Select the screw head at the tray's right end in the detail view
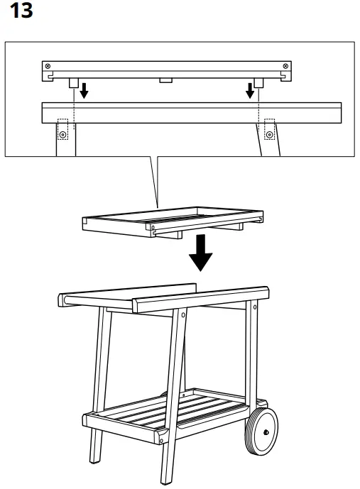coord(285,66)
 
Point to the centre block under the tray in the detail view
coord(165,80)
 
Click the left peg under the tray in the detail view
coord(72,82)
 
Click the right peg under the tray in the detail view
coord(260,82)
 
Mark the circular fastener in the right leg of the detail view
coord(269,133)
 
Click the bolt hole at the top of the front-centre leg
coord(184,313)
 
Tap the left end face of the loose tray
coord(83,224)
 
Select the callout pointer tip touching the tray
coord(158,209)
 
